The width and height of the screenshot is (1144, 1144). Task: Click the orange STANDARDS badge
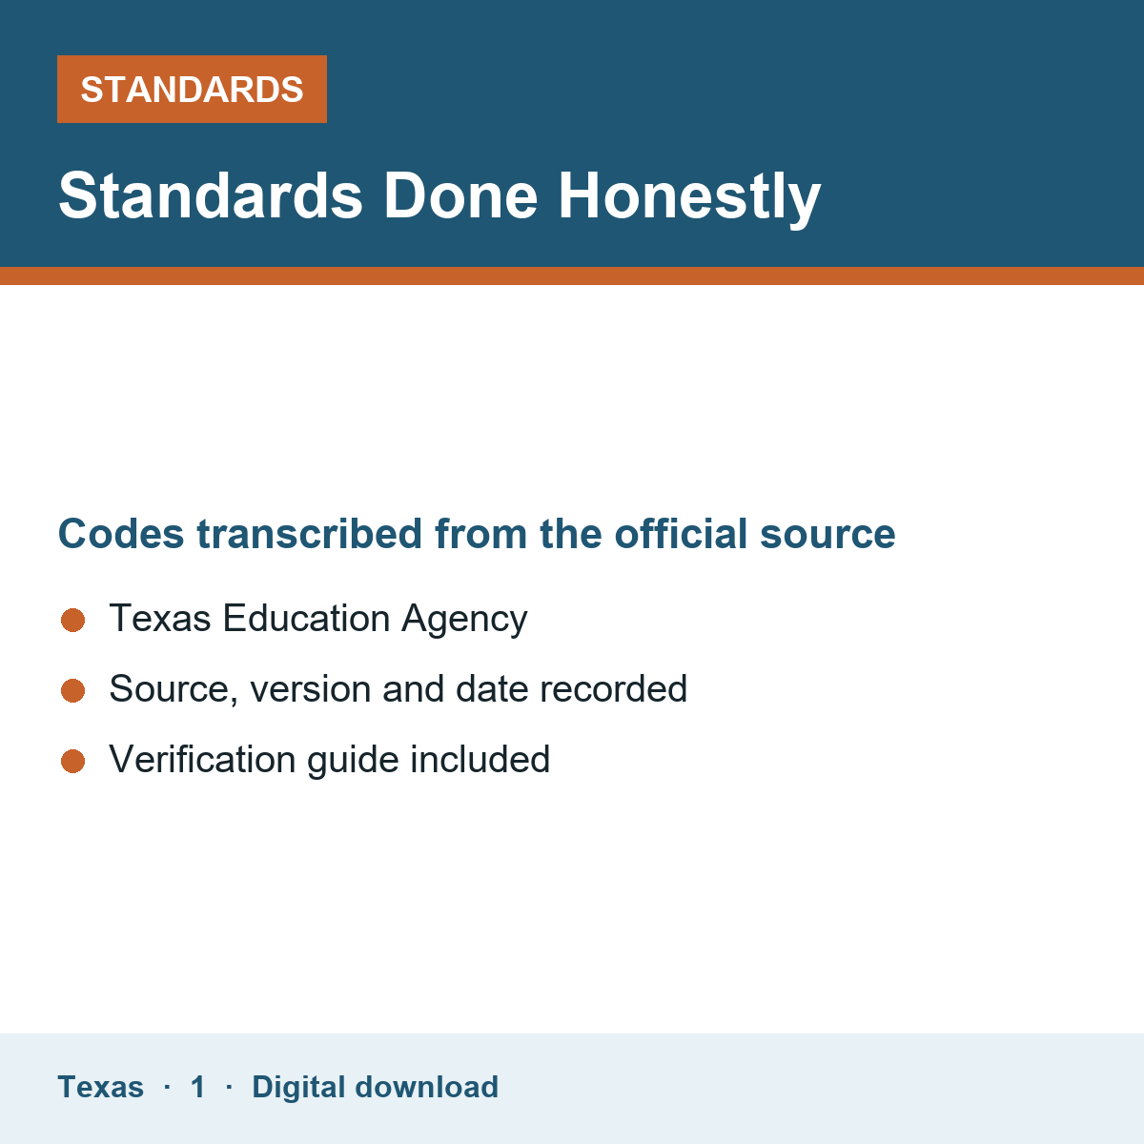[x=192, y=89]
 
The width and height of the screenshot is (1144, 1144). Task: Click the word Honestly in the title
[x=689, y=197]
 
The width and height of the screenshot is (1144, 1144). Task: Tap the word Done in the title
[x=460, y=196]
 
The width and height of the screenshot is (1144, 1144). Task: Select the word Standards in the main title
[x=210, y=196]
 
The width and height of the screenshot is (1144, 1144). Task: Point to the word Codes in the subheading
[x=121, y=533]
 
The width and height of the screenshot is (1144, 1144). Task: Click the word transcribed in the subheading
[x=309, y=533]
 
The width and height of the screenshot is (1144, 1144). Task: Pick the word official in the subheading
[x=681, y=533]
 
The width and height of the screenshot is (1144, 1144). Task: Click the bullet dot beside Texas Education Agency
[x=73, y=620]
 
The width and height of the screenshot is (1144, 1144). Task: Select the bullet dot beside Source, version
[x=73, y=690]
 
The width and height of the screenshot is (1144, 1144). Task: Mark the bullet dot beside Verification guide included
[x=73, y=761]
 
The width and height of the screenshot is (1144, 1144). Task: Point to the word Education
[x=306, y=618]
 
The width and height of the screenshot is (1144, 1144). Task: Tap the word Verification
[x=202, y=759]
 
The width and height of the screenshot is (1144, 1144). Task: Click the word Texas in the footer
[x=100, y=1087]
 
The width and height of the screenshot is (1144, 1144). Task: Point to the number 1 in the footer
[x=197, y=1087]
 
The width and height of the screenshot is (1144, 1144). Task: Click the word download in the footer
[x=426, y=1087]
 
